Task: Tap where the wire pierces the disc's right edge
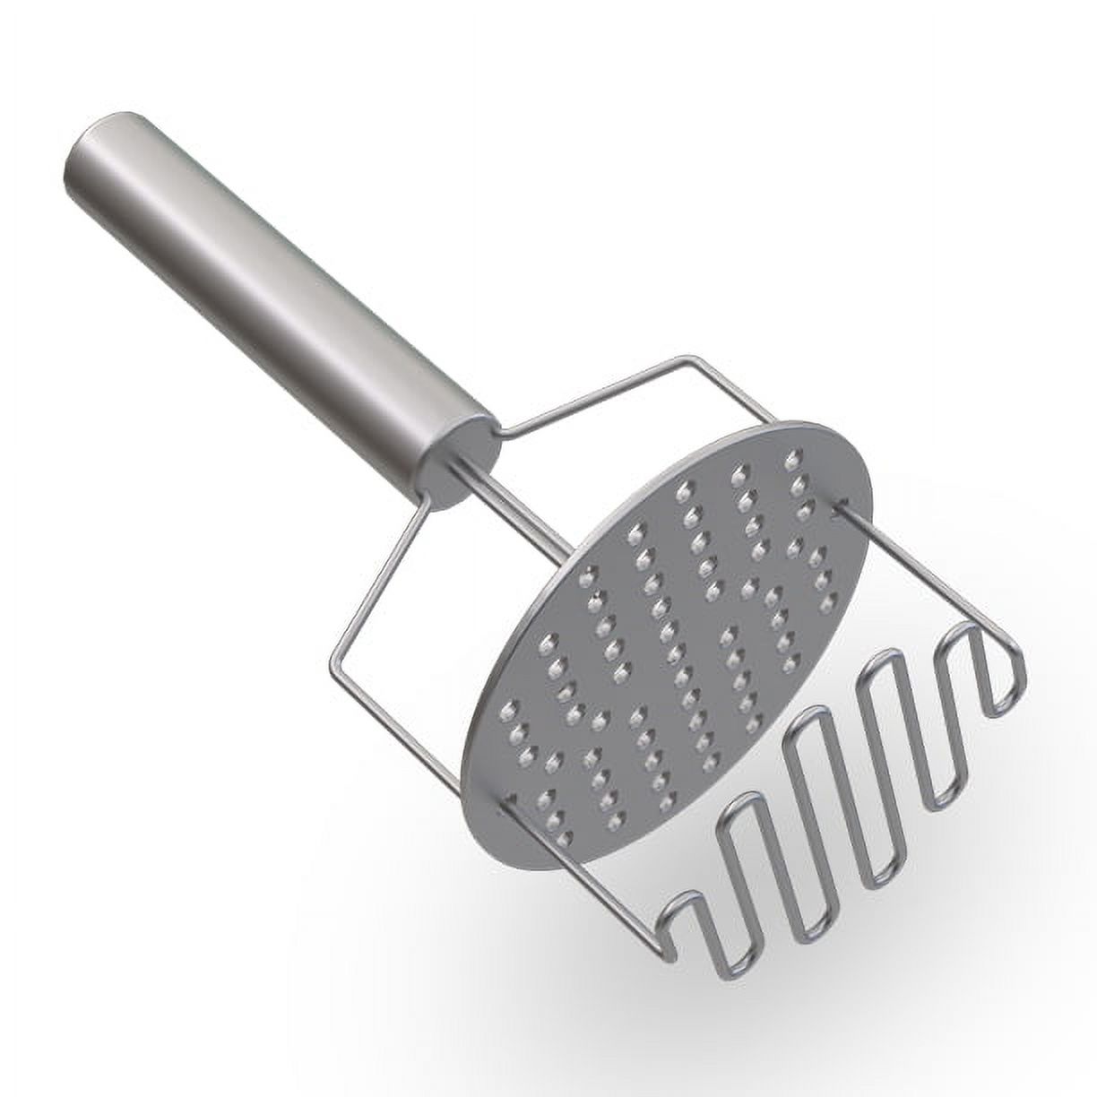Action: tap(837, 508)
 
